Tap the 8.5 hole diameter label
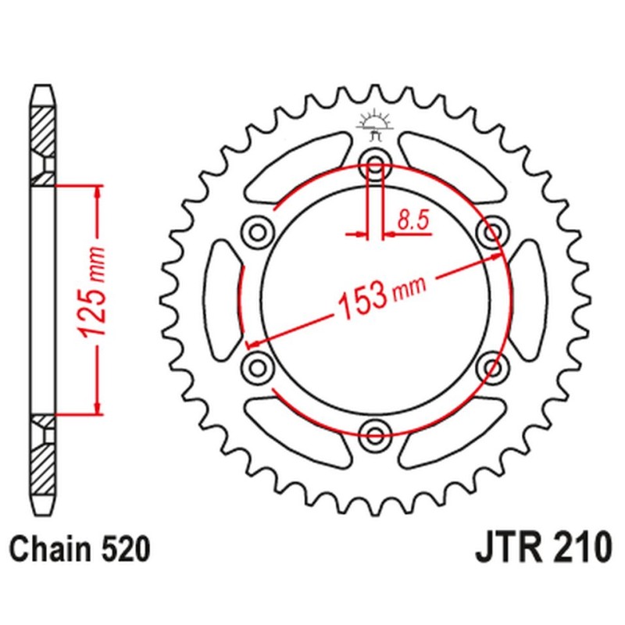412,220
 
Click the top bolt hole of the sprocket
374,165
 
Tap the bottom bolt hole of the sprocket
374,432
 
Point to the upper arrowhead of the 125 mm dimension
98,192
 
